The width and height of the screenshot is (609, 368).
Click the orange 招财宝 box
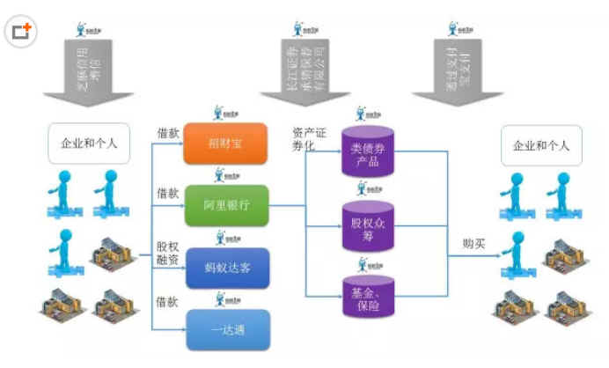click(224, 144)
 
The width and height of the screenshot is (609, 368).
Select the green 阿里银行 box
click(224, 206)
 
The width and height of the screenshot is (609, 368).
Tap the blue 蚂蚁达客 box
click(226, 268)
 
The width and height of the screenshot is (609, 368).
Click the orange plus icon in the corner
click(21, 32)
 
